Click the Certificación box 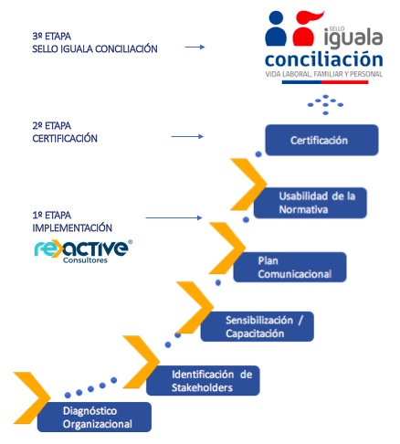(321, 140)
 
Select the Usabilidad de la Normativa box (311, 203)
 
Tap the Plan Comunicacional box (289, 267)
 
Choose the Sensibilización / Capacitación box (258, 326)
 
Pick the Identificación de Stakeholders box (203, 381)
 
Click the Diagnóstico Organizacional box (94, 417)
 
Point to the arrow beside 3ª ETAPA (195, 47)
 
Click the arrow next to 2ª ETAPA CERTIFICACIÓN (187, 136)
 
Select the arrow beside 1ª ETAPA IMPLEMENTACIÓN (174, 217)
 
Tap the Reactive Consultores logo (83, 251)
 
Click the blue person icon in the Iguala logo (276, 28)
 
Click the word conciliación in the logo (324, 59)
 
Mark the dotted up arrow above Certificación (325, 104)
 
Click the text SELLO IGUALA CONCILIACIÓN (95, 48)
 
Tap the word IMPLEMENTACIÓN (72, 227)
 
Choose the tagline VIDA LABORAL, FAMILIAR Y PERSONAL (324, 74)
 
